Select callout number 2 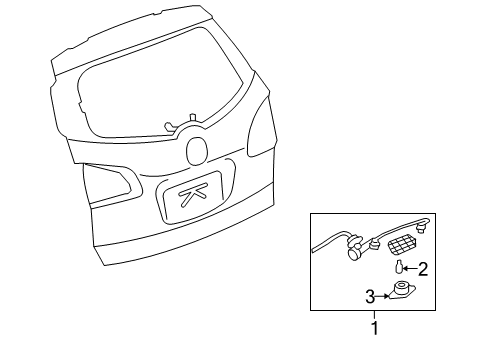[x=422, y=268]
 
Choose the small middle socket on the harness [x=374, y=243]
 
